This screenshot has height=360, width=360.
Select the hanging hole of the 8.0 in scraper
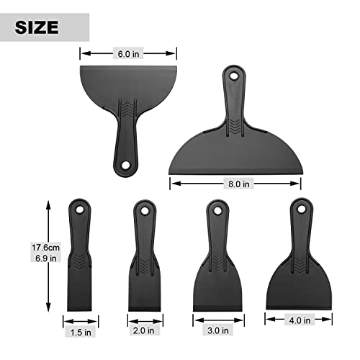pos(234,74)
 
